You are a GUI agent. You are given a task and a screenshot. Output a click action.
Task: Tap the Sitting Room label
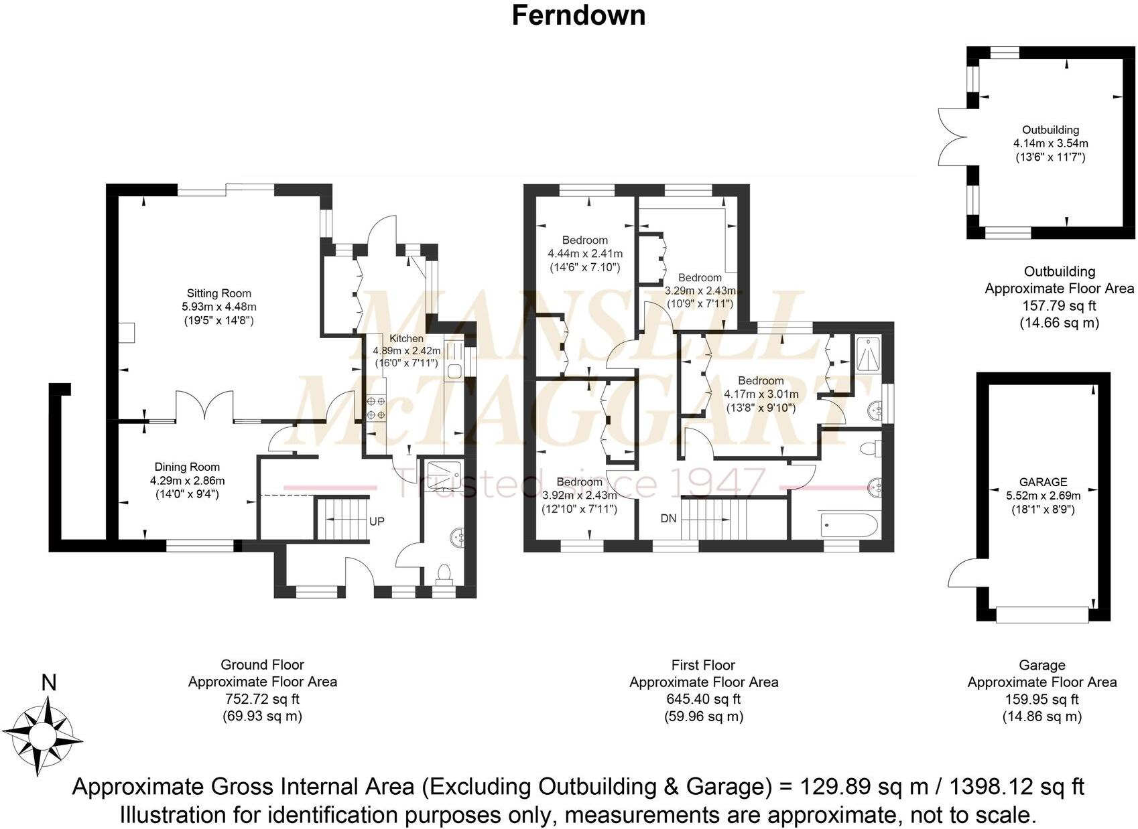219,293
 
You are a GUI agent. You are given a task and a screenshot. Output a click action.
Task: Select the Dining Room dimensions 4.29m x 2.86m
187,481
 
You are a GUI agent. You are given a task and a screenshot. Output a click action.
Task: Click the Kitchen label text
406,339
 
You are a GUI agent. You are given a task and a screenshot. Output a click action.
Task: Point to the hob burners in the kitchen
375,408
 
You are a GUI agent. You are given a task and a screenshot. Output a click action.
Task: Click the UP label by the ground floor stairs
377,521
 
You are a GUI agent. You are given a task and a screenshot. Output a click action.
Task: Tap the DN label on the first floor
668,518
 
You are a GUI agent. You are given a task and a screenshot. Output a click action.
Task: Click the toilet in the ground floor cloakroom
443,574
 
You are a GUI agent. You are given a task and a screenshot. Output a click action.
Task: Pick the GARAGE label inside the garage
1043,482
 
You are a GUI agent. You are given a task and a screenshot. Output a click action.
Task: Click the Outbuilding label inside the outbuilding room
1050,130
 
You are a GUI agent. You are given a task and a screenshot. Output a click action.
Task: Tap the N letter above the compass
48,683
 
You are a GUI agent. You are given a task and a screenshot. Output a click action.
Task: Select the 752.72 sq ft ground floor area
262,699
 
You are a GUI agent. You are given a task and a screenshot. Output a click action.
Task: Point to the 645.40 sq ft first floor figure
703,699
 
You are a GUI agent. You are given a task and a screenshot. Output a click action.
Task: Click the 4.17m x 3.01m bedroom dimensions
761,394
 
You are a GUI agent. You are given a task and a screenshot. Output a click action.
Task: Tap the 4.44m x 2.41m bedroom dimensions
585,254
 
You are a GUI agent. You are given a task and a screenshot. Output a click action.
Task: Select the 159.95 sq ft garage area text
1041,699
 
